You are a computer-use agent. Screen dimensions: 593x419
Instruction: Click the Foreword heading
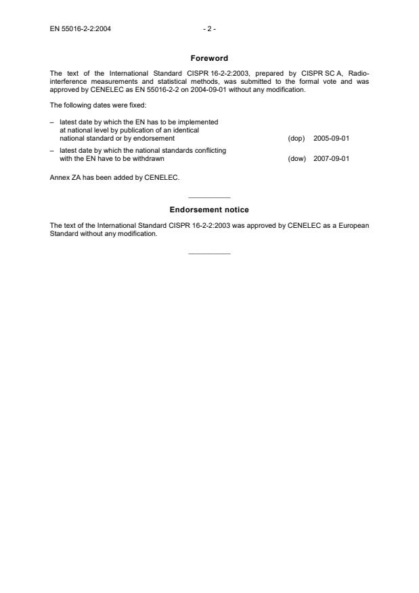pos(209,58)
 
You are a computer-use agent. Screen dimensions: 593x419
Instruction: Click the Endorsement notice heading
pos(209,210)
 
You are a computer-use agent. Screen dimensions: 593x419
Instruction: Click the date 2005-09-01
pos(331,138)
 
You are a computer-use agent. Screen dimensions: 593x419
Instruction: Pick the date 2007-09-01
pos(331,159)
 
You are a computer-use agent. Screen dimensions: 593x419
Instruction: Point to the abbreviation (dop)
pos(296,138)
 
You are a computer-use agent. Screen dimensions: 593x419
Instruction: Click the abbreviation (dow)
pos(296,159)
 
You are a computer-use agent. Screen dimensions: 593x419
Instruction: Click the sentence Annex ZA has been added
pos(114,179)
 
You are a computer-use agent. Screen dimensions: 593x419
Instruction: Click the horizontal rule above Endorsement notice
pos(209,197)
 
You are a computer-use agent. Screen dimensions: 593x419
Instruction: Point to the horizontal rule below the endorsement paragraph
pos(209,254)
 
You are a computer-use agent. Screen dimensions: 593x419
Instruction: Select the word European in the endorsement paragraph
pos(353,226)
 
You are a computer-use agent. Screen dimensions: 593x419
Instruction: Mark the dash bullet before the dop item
pos(52,122)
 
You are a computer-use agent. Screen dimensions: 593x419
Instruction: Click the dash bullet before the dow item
pos(52,149)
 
